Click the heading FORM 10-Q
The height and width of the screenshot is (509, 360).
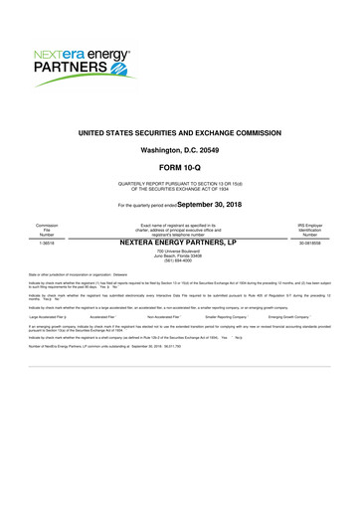(x=179, y=164)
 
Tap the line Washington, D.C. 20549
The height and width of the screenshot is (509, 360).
(x=179, y=148)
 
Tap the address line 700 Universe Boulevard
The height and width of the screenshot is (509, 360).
(x=179, y=252)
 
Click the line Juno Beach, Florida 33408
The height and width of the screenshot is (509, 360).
(x=179, y=256)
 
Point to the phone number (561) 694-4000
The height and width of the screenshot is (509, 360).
(x=179, y=262)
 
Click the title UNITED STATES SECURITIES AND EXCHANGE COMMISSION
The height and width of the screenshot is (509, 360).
(x=179, y=132)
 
